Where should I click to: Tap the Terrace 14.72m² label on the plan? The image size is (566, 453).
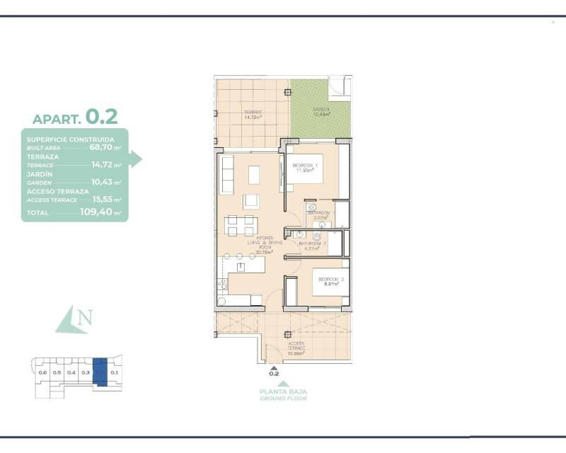click(x=253, y=115)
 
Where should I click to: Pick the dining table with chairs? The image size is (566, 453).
click(x=241, y=226)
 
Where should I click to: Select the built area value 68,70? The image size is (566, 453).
click(x=100, y=148)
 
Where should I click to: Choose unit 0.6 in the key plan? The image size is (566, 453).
click(x=42, y=372)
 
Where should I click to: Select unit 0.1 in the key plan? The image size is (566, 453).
click(x=115, y=372)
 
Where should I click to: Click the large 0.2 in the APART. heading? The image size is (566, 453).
click(x=102, y=115)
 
